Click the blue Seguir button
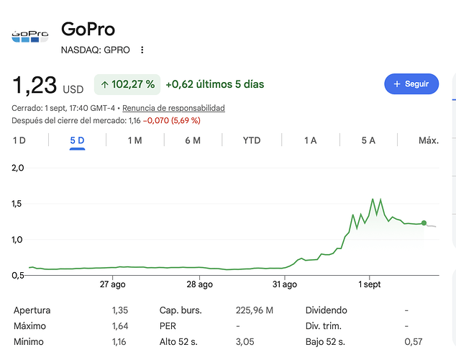coord(411,84)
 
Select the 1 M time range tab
coord(135,140)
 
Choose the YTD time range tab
coord(252,140)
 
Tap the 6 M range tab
coord(193,140)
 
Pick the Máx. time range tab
coord(429,140)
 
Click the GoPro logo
coord(30,37)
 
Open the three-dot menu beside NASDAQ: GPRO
coord(142,50)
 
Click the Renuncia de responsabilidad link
coord(173,108)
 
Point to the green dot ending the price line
coord(424,223)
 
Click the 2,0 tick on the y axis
coord(17,168)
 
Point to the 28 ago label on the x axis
coord(199,284)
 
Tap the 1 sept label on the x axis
coord(370,284)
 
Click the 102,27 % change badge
coord(127,84)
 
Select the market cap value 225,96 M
coord(255,310)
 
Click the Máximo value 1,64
coord(120,326)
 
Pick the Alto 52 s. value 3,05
coord(245,342)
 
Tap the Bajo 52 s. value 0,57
coord(414,342)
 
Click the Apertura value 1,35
coord(120,310)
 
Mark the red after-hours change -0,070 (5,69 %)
coord(172,120)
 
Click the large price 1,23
coord(35,85)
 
